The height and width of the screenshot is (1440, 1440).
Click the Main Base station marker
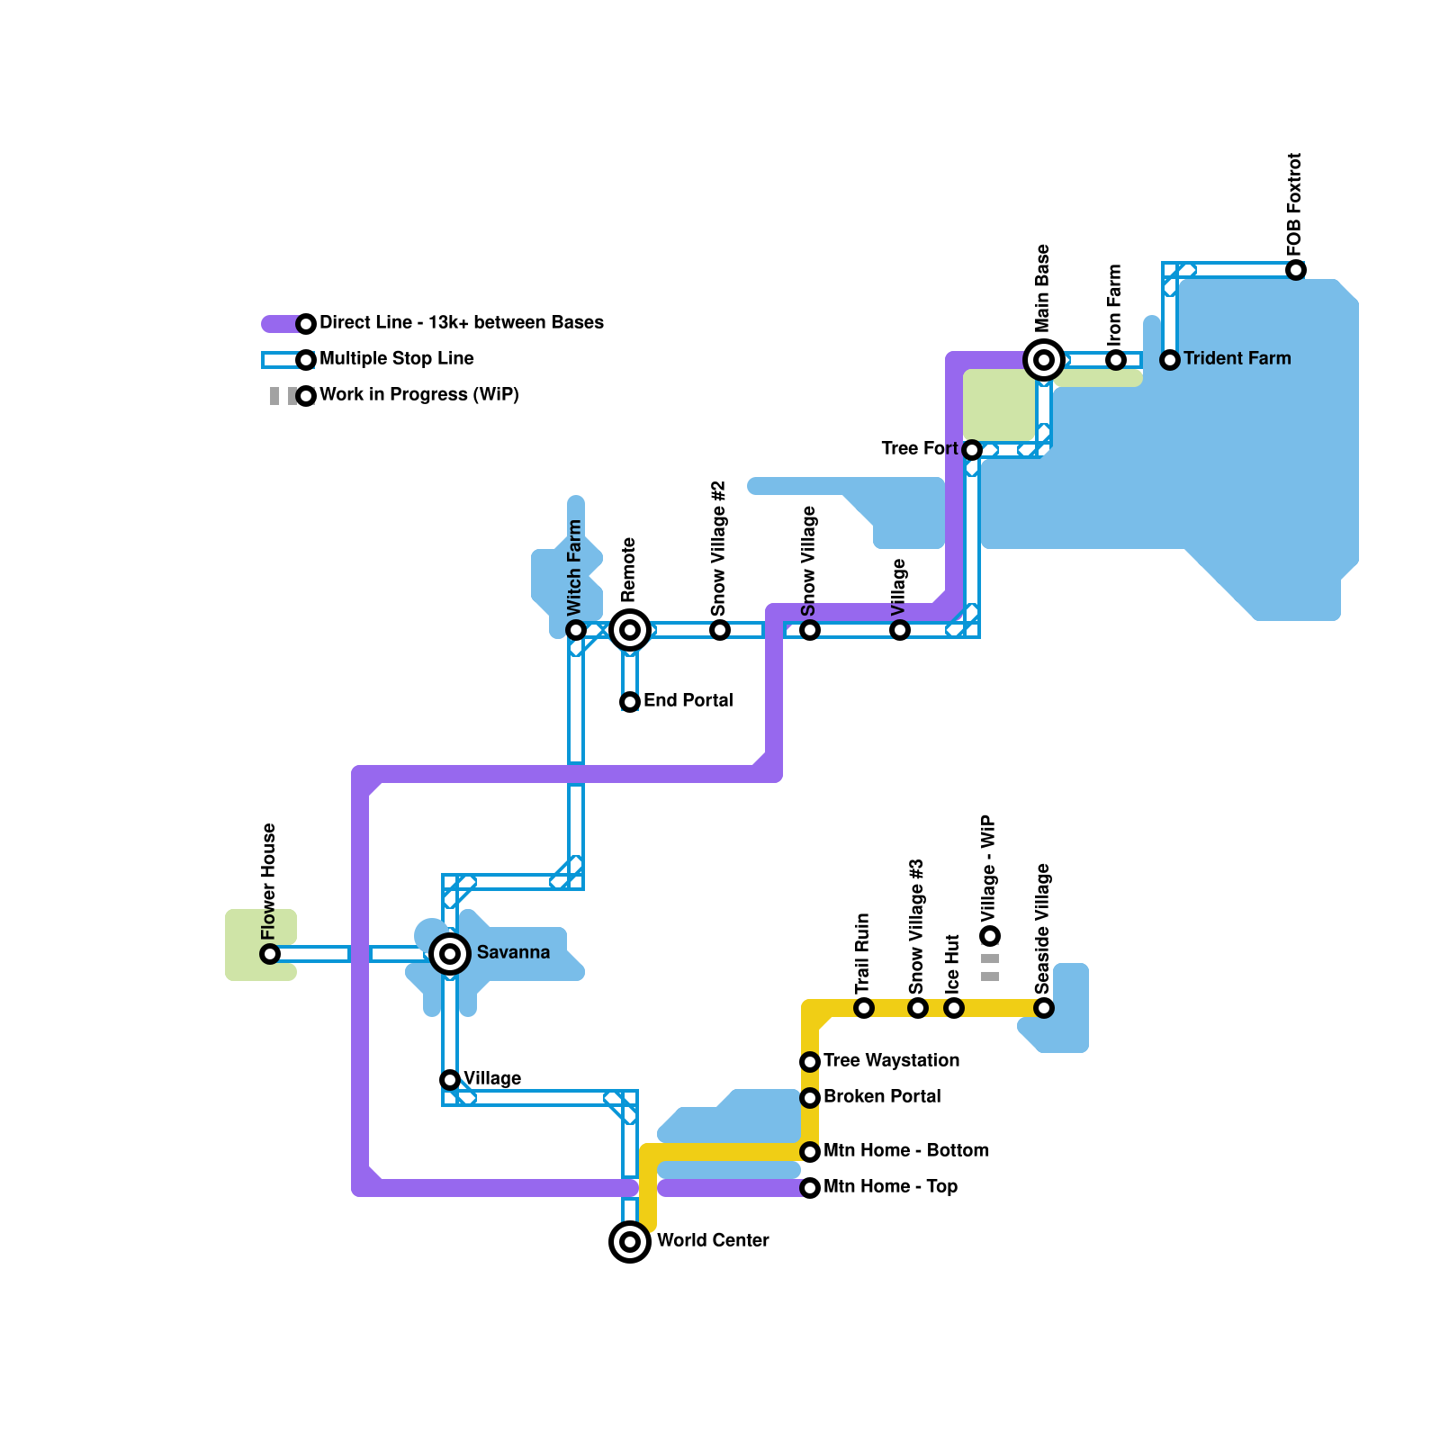[x=1044, y=360]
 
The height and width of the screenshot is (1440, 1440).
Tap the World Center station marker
[x=630, y=1242]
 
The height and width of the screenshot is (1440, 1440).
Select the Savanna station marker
[x=450, y=954]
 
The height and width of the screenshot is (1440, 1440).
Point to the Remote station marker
[x=630, y=630]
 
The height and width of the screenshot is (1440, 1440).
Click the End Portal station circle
[x=630, y=702]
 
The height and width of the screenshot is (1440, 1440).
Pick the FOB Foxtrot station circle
[x=1296, y=270]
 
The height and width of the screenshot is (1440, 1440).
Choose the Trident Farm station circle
[x=1170, y=360]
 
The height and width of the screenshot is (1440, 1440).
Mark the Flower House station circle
[x=270, y=954]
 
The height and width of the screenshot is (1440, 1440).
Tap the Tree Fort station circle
[x=972, y=450]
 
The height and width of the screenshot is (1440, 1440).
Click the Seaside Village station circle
[x=1044, y=1008]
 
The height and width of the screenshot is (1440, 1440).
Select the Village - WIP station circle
[x=990, y=936]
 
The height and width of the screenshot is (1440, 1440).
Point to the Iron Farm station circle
[x=1116, y=360]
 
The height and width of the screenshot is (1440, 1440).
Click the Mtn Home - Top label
[x=890, y=1187]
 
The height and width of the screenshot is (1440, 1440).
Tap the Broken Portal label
[x=882, y=1097]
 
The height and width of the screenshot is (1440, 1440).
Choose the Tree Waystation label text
[x=891, y=1061]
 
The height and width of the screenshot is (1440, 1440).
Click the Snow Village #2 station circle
[x=720, y=630]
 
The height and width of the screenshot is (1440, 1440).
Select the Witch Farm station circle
[x=576, y=630]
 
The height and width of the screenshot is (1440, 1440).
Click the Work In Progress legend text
[x=418, y=395]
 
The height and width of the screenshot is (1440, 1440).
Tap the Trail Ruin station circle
[x=864, y=1008]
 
